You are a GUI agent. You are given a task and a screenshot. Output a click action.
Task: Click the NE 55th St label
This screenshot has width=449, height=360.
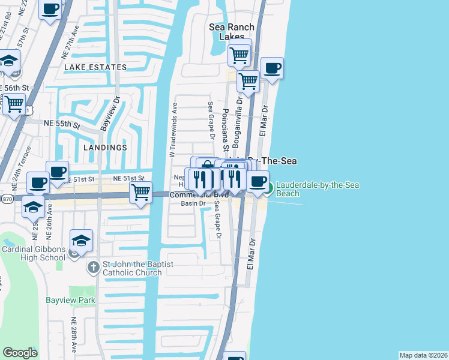pyautogui.click(x=62, y=124)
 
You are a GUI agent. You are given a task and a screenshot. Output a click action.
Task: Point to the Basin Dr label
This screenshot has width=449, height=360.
pyautogui.click(x=193, y=203)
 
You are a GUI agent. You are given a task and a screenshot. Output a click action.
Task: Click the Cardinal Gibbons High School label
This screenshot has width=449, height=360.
pyautogui.click(x=33, y=253)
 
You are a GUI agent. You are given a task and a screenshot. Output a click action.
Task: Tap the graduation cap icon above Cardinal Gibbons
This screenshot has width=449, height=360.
pyautogui.click(x=81, y=241)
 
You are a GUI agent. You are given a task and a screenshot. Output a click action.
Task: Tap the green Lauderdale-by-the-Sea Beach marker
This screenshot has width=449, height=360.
pyautogui.click(x=270, y=188)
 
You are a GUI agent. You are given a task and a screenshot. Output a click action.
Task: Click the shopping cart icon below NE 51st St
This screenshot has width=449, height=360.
pyautogui.click(x=140, y=193)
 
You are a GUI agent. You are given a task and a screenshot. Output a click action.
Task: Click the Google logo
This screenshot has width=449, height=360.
pyautogui.click(x=20, y=353)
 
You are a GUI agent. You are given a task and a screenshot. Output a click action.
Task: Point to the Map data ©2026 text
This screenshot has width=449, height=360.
pyautogui.click(x=424, y=355)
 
